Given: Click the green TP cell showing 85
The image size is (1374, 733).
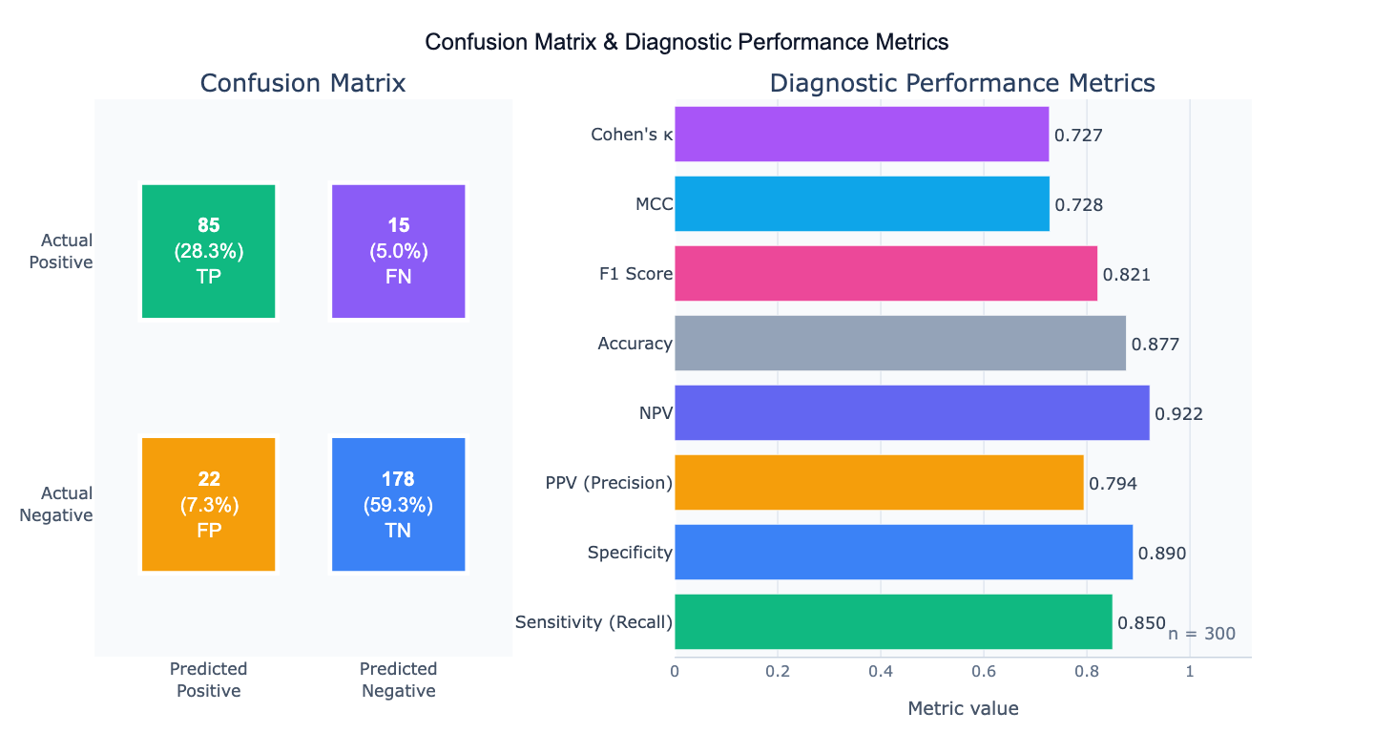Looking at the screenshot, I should (208, 251).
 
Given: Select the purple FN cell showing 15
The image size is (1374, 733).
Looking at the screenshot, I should (398, 251).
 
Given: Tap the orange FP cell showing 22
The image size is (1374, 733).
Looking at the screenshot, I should (208, 504).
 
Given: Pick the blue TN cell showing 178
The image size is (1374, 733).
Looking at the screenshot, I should (398, 504).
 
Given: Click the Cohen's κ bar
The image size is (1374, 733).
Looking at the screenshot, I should (861, 135).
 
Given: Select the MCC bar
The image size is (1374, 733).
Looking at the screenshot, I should (862, 204).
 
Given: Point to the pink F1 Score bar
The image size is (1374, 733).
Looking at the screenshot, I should (885, 274).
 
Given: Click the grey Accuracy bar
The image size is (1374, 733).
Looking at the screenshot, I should (900, 344).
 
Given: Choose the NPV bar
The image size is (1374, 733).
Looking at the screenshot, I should (911, 413).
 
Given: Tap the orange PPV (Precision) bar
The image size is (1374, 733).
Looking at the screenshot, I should (879, 483).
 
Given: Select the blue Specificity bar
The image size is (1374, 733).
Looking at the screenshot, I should (904, 553).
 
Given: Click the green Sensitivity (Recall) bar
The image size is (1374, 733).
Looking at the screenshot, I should (893, 622).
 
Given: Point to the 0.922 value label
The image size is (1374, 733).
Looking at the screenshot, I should (1178, 414).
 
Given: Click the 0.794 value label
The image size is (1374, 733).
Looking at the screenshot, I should (1113, 484).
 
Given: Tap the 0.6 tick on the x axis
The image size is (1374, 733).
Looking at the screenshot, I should (984, 671).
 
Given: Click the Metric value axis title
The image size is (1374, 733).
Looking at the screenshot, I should (963, 708).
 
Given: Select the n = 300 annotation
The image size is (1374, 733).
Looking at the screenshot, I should (1201, 634).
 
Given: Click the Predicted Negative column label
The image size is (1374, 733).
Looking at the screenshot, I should (398, 680).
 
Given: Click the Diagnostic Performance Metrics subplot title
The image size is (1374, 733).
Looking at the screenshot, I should (962, 83).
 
